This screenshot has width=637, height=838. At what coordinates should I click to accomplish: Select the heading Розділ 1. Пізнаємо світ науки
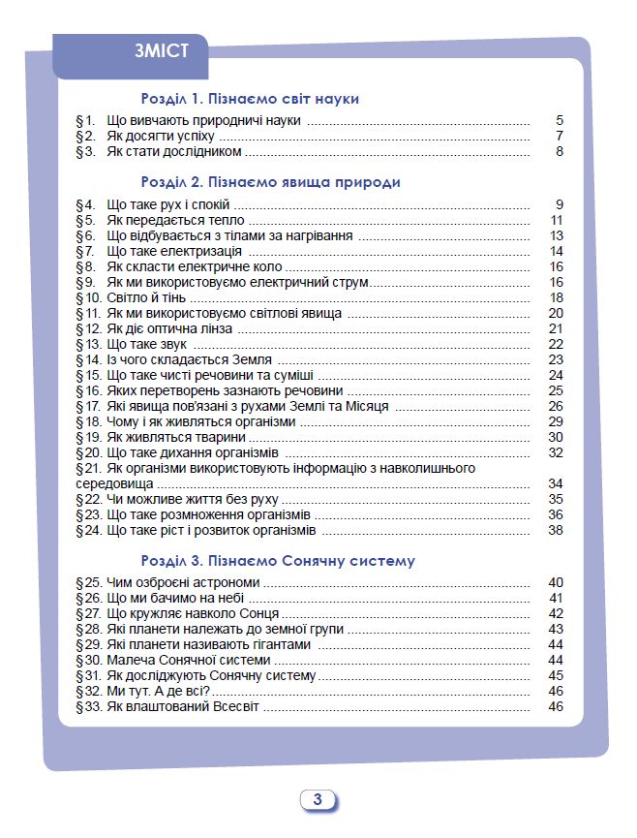coord(250,99)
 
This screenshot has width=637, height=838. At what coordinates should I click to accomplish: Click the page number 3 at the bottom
coord(318,800)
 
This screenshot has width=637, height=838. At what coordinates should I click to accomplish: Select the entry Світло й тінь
coord(146,297)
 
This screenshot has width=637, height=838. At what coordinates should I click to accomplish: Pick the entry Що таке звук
coord(146,344)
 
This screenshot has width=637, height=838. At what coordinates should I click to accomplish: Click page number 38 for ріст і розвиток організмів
coord(555,530)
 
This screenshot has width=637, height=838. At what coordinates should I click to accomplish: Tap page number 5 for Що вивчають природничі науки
coord(559,120)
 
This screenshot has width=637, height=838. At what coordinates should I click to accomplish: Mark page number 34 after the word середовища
coord(555,483)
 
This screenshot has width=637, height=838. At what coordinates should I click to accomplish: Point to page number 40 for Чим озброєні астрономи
coord(555,583)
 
